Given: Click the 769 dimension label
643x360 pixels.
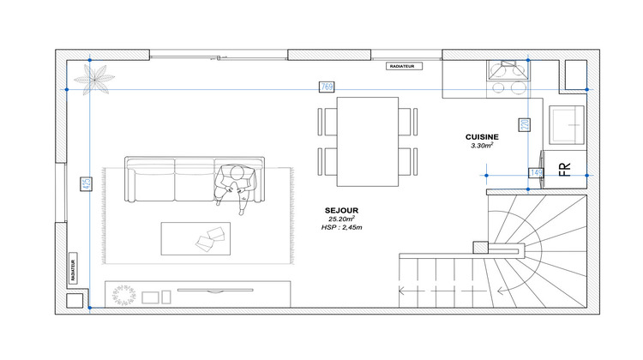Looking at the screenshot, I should tap(327, 87).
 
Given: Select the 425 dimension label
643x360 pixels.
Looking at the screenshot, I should tap(86, 184).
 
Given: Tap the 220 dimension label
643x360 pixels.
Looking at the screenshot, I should tap(524, 124).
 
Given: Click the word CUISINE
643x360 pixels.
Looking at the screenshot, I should tap(483, 137).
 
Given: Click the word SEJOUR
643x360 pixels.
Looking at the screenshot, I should tap(341, 210).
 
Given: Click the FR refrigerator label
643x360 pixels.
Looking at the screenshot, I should tap(565, 169).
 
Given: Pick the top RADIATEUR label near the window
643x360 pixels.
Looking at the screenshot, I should tap(401, 65).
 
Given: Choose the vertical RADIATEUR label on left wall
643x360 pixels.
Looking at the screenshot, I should tap(74, 271).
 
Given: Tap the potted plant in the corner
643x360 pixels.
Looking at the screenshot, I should tap(93, 80).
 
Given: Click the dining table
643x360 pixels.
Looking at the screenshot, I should tap(368, 141).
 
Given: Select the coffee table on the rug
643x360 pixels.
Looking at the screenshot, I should tap(195, 238).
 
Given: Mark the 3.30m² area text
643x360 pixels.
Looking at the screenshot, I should tap(483, 147).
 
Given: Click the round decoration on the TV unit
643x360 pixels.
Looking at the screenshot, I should tap(124, 295).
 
